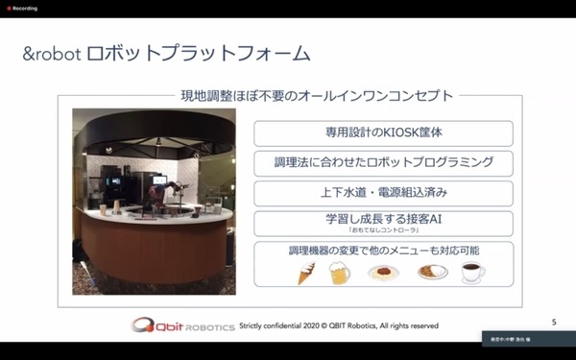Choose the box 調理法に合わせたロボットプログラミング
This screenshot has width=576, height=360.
(x=383, y=163)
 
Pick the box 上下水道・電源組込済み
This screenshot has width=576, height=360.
(x=383, y=193)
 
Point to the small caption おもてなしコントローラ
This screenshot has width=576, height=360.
(x=382, y=232)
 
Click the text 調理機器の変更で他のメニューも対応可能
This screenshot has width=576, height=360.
(x=383, y=251)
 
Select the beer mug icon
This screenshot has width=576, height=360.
(x=340, y=273)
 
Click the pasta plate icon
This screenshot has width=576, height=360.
(x=383, y=273)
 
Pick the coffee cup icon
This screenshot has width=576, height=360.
(x=474, y=273)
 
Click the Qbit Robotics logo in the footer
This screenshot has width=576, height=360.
(x=183, y=324)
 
